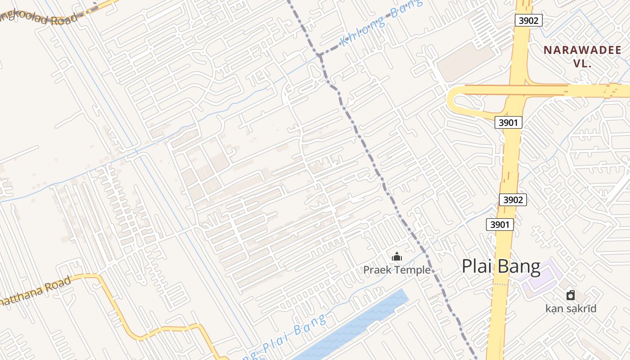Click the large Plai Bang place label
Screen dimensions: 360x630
[501, 267]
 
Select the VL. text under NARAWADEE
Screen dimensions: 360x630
[582, 63]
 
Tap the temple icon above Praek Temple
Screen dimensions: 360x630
[397, 257]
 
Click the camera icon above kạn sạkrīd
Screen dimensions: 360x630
[571, 295]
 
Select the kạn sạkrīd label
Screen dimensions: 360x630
[571, 309]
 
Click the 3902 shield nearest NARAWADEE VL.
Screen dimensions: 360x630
[529, 20]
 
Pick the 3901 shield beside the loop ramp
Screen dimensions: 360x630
[508, 122]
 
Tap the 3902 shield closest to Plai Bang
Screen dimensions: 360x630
[513, 200]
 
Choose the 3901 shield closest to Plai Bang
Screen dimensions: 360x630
[500, 224]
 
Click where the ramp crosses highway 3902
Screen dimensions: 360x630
[518, 90]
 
